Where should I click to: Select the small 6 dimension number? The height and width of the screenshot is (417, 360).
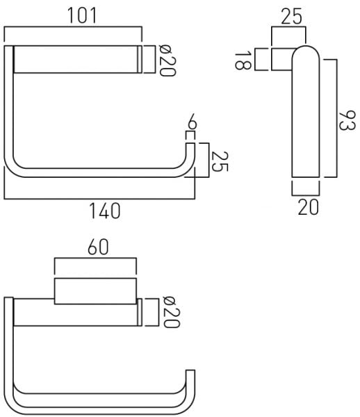pyautogui.click(x=192, y=126)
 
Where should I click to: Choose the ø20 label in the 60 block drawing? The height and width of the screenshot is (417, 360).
pyautogui.click(x=167, y=312)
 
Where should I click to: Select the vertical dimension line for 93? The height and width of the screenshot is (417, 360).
pyautogui.click(x=337, y=118)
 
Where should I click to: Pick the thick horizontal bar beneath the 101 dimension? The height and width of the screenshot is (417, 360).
pyautogui.click(x=76, y=59)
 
